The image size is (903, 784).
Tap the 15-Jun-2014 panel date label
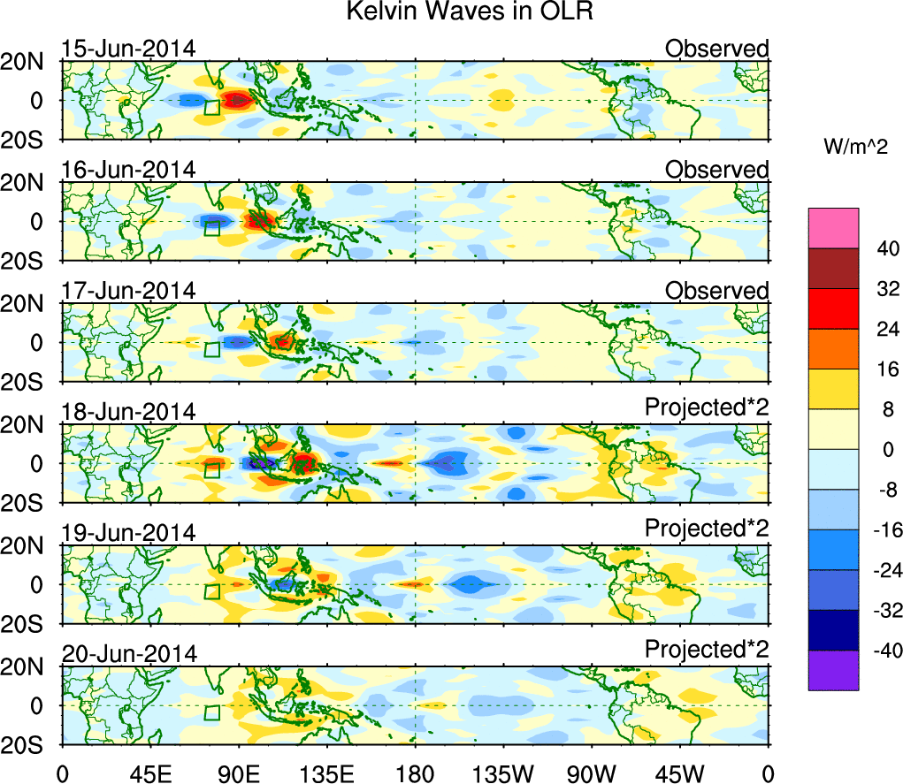coord(129,49)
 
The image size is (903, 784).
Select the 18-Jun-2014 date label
coord(129,412)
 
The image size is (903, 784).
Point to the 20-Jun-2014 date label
coord(129,654)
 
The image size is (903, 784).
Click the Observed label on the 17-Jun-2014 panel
coord(716,291)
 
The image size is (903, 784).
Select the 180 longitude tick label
coord(415,775)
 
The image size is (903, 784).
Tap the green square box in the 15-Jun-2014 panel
coord(211,108)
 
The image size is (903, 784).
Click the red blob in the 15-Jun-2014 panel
coord(237,100)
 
